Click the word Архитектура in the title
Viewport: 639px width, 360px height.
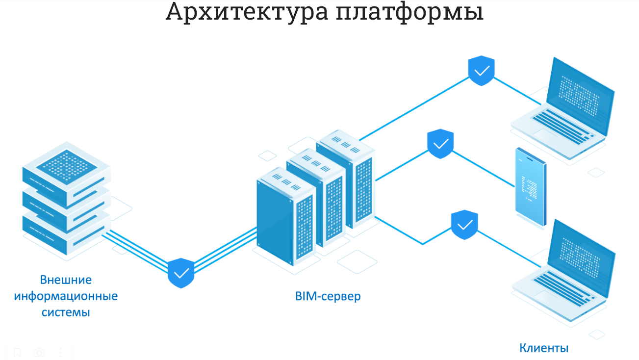point(247,12)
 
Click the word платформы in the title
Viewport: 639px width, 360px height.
point(410,12)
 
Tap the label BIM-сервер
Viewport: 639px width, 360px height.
point(328,296)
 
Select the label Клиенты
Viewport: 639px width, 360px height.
point(544,348)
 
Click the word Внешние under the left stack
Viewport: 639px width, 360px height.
point(66,280)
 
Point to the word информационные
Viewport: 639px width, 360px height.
point(66,296)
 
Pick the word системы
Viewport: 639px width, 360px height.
point(66,312)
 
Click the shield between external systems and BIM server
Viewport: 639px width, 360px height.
point(181,273)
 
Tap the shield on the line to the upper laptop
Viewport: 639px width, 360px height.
point(482,71)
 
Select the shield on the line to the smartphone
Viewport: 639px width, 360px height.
point(440,144)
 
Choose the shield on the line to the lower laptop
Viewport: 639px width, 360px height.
point(464,225)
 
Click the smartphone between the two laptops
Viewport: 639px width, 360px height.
point(531,187)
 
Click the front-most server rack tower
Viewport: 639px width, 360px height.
point(285,218)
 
